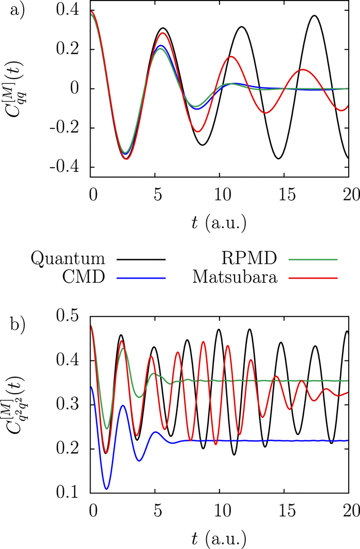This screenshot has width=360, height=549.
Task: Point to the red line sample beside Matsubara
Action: click(315, 279)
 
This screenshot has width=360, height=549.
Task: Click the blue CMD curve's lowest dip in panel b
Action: click(106, 488)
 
